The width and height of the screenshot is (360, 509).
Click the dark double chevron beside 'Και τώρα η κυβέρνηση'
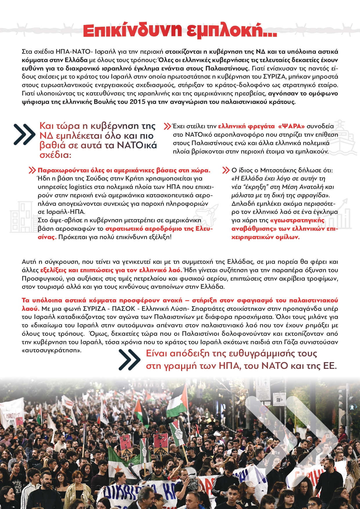tap(25, 134)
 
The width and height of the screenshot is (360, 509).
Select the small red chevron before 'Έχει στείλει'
tap(167, 126)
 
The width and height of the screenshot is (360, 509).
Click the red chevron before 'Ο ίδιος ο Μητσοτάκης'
tap(226, 170)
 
